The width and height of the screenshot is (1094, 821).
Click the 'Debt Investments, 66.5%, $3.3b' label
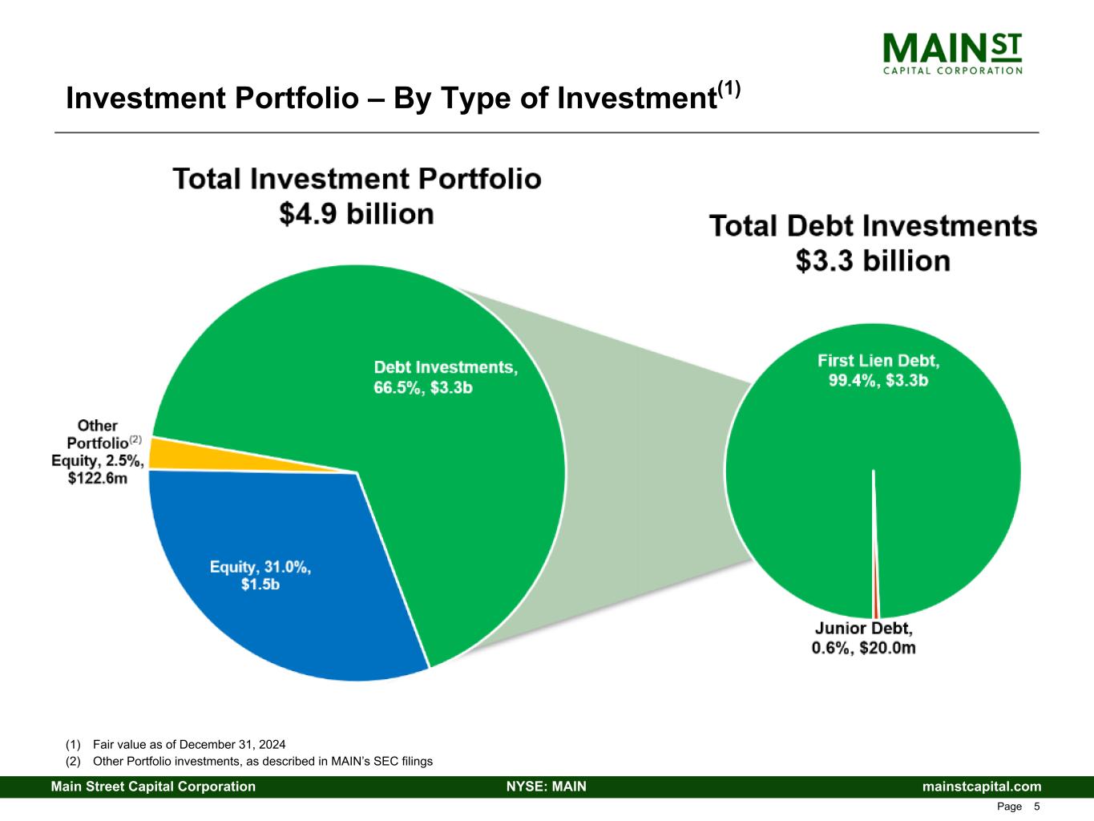tap(446, 377)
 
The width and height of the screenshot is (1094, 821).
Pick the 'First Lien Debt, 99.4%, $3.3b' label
tap(878, 370)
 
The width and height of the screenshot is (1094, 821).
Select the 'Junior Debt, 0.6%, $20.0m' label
tap(863, 638)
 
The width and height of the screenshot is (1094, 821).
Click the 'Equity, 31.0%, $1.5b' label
tap(260, 576)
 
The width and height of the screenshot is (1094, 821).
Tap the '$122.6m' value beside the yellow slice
tap(98, 478)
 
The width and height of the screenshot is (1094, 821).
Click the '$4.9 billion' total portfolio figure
tap(357, 214)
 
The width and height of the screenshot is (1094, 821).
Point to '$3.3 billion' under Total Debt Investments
tap(873, 261)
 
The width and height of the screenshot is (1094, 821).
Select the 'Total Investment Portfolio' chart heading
tap(357, 178)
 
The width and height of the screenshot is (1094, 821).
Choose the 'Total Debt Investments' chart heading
tap(873, 226)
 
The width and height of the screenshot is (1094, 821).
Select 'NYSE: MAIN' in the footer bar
tap(547, 787)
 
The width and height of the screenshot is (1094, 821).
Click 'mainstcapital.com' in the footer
tap(982, 787)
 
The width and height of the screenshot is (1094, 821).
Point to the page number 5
tap(1037, 807)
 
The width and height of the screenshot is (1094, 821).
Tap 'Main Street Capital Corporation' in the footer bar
tap(154, 787)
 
